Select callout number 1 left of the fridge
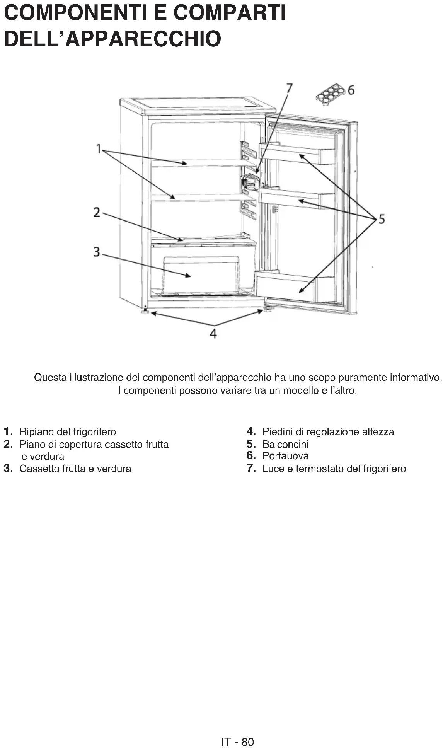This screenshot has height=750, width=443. (x=99, y=148)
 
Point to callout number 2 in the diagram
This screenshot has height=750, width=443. (x=97, y=212)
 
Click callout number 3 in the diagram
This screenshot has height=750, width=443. (x=97, y=252)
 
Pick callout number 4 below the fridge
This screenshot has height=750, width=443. (x=213, y=333)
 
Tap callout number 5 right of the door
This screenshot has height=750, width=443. (x=382, y=219)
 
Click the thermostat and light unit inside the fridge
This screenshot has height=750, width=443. (x=250, y=182)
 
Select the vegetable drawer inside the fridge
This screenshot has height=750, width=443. (x=201, y=274)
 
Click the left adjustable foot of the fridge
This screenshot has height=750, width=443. (x=145, y=311)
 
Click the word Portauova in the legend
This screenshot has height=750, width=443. (x=285, y=456)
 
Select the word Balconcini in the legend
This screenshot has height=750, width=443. (x=285, y=444)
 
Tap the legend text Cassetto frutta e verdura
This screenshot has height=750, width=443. (x=75, y=469)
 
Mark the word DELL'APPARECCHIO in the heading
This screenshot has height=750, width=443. (x=112, y=39)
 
